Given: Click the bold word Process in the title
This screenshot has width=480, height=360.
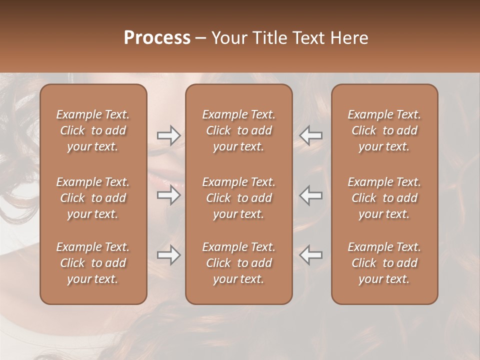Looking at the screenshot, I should pyautogui.click(x=157, y=38).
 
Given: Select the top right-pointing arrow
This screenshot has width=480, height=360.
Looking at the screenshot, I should pyautogui.click(x=168, y=135).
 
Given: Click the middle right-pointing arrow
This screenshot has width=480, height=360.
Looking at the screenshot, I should pyautogui.click(x=168, y=194).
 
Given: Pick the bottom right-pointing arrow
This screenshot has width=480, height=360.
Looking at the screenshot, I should pyautogui.click(x=168, y=255).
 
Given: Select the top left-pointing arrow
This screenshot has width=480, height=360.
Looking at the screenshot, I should pyautogui.click(x=311, y=135).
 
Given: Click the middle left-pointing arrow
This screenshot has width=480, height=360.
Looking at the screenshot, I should pyautogui.click(x=311, y=194).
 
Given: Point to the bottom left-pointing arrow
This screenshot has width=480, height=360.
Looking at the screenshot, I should pyautogui.click(x=311, y=255).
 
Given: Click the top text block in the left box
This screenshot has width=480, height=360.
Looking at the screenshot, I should pyautogui.click(x=93, y=130).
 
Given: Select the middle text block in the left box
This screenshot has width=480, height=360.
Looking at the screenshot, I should pyautogui.click(x=93, y=198).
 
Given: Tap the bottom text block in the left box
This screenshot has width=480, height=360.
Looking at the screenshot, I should pyautogui.click(x=93, y=263).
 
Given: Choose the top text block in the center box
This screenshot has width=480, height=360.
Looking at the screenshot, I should pyautogui.click(x=239, y=130).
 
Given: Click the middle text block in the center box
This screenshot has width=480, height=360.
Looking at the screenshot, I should pyautogui.click(x=239, y=198).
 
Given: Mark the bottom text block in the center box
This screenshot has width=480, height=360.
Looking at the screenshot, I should pyautogui.click(x=239, y=263).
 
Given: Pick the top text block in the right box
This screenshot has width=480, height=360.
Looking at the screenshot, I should pyautogui.click(x=384, y=130).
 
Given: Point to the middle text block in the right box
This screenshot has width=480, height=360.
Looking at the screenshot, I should pyautogui.click(x=384, y=198).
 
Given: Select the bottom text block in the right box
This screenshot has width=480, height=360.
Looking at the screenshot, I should pyautogui.click(x=384, y=263).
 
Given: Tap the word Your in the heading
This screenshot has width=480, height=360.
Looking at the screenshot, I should pyautogui.click(x=227, y=38).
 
